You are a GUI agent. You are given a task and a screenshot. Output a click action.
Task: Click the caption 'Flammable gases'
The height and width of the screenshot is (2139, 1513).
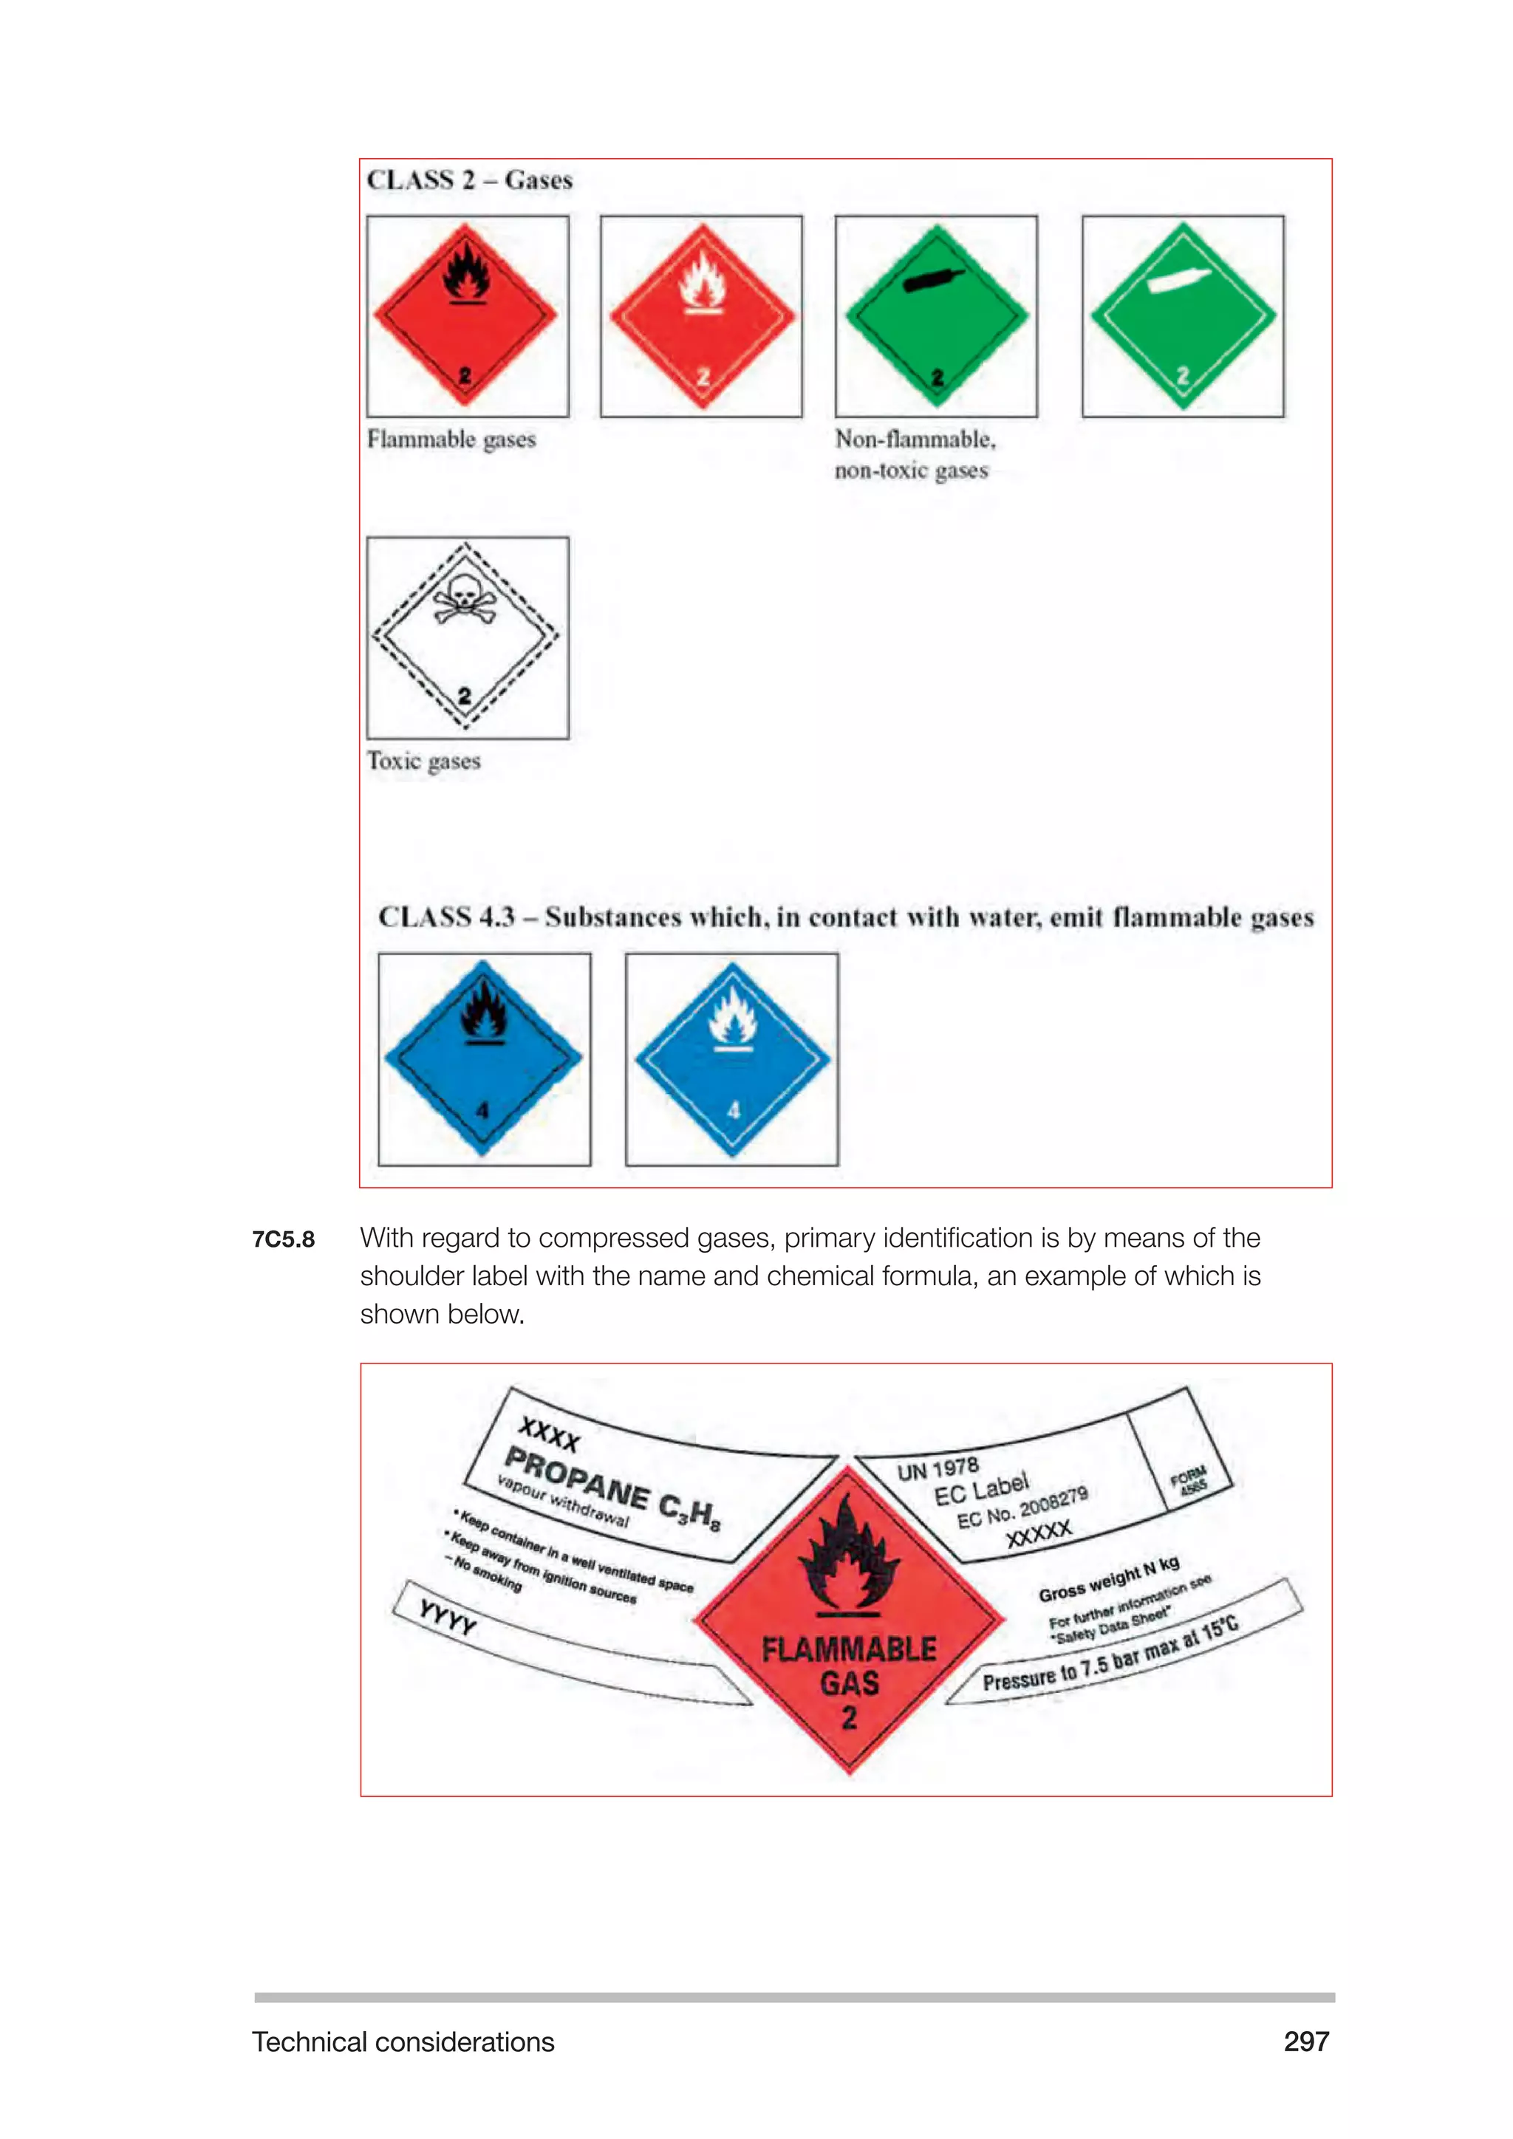pyautogui.click(x=451, y=439)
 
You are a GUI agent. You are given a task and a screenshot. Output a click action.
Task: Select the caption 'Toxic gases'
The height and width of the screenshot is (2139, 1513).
pyautogui.click(x=424, y=762)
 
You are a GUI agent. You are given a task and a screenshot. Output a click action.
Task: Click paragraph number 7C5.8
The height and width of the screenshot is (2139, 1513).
pyautogui.click(x=283, y=1239)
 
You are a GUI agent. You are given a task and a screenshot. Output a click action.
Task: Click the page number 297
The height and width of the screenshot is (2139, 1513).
pyautogui.click(x=1305, y=2042)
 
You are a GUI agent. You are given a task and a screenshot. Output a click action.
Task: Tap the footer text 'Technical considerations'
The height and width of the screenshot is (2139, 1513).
pyautogui.click(x=403, y=2042)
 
